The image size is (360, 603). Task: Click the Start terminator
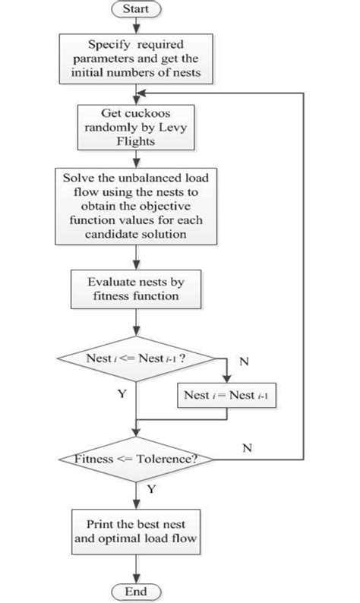[x=136, y=10]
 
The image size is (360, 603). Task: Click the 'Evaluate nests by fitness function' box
[x=136, y=289]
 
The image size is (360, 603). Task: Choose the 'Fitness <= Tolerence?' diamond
[x=136, y=459]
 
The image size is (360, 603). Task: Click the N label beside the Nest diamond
[x=244, y=362]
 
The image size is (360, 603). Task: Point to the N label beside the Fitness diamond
[x=247, y=448]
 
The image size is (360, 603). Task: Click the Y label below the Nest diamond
[x=122, y=395]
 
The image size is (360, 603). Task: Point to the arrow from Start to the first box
[x=136, y=27]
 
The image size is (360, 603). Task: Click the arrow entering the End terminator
[x=136, y=570]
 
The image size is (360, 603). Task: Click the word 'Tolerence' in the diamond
[x=163, y=459]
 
